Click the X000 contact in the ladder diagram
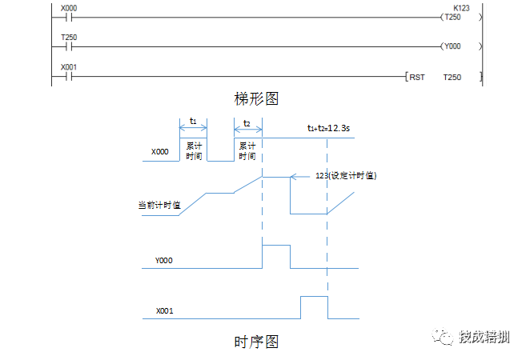click(68, 16)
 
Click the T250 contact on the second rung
click(68, 46)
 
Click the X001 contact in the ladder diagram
click(68, 77)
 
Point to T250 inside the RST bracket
click(453, 78)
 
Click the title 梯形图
click(256, 98)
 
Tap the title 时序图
click(256, 342)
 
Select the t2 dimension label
click(247, 122)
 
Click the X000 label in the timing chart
click(160, 150)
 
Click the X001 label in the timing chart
click(165, 310)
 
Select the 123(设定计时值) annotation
click(347, 175)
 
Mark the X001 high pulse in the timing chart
click(315, 306)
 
